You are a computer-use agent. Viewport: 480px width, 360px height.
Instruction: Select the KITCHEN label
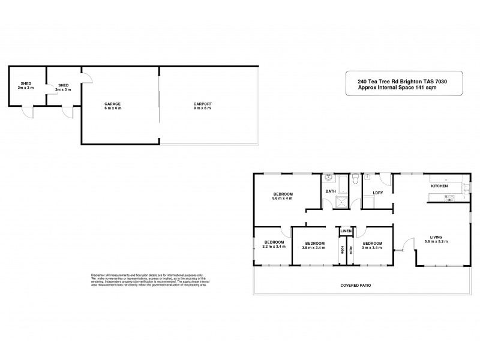click(439, 186)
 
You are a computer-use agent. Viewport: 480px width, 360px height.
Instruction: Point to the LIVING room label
click(444, 238)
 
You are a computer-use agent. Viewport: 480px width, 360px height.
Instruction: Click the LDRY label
click(378, 193)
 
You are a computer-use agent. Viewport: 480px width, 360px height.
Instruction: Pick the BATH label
click(331, 191)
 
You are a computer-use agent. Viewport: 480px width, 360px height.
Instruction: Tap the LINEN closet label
click(346, 231)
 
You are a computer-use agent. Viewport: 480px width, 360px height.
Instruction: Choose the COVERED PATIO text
click(356, 286)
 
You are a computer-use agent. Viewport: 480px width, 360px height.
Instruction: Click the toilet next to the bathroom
click(356, 178)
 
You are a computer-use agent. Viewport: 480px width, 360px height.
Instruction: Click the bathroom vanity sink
click(329, 178)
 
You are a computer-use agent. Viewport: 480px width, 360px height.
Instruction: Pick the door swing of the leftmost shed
click(26, 112)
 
